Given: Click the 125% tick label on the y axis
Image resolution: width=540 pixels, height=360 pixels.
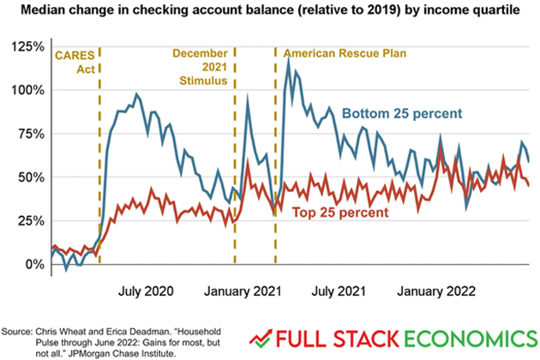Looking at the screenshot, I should click(x=26, y=45).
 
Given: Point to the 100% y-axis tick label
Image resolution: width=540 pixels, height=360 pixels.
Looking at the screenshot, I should click(x=26, y=89).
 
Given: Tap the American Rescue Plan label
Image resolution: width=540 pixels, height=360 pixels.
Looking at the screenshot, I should click(x=344, y=53).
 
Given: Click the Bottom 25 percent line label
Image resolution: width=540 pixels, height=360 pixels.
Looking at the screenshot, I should click(x=402, y=112).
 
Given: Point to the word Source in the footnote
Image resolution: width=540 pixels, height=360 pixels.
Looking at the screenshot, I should click(x=16, y=330).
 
